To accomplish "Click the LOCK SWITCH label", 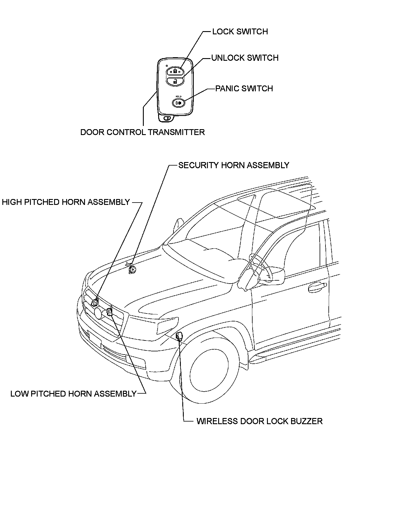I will (x=240, y=32).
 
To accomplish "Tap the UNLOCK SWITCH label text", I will (x=245, y=58).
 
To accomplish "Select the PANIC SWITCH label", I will (x=244, y=89).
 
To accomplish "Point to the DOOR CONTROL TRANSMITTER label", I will (x=143, y=132).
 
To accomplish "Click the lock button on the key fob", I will (x=175, y=71).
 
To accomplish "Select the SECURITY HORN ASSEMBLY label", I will (x=234, y=165).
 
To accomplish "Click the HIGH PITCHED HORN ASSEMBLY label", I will (x=66, y=202).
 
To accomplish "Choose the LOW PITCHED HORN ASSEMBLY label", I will (x=74, y=394).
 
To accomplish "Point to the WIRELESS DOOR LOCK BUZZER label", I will (x=260, y=421).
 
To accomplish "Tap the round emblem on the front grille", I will (x=98, y=313).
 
